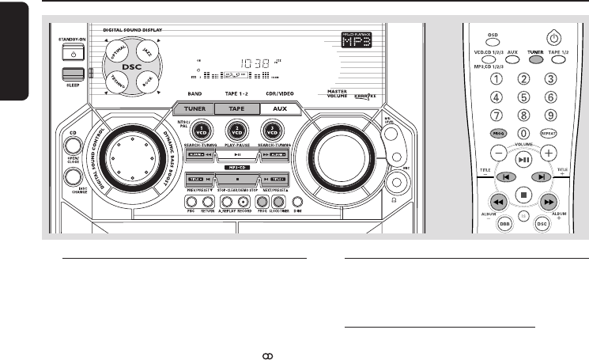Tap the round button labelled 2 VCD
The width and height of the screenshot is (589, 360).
tap(234, 131)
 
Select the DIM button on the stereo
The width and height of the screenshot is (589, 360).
tap(298, 203)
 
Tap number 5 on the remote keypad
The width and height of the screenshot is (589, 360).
tap(523, 98)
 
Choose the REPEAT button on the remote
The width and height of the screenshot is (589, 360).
tap(550, 135)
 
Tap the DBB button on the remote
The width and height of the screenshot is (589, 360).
tap(504, 225)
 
